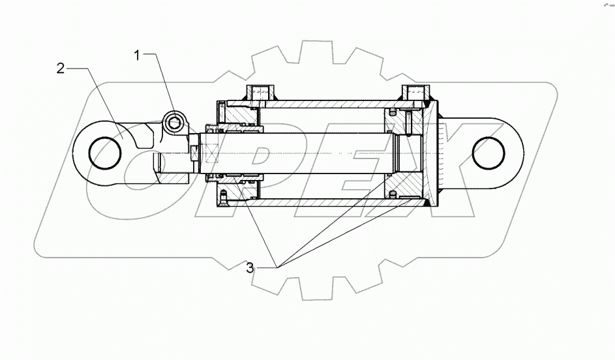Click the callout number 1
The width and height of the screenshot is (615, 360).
[x=137, y=56]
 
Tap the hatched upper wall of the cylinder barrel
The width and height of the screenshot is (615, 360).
[x=326, y=104]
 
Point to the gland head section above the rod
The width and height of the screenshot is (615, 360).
[x=238, y=115]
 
